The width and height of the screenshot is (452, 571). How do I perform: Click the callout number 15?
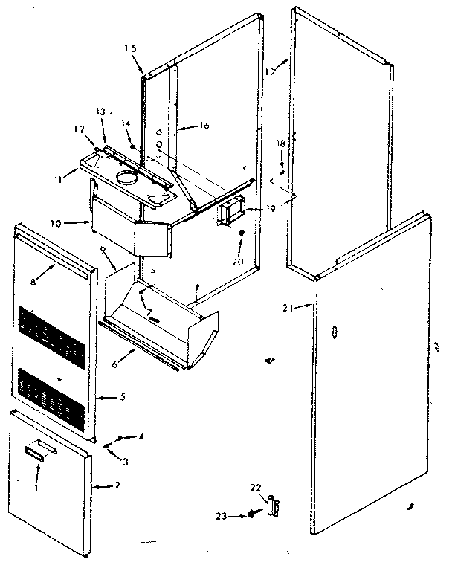point(131,48)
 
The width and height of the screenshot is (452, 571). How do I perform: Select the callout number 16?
point(204,126)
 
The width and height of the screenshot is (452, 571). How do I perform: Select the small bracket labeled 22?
point(275,505)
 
